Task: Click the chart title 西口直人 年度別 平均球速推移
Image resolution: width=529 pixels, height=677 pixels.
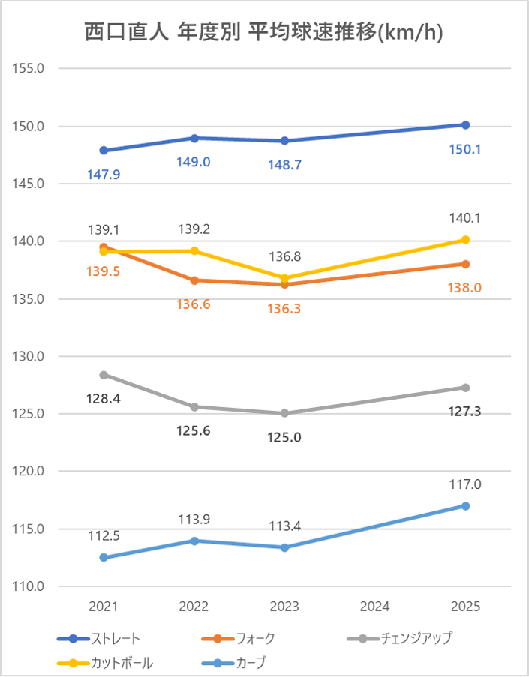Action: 263,33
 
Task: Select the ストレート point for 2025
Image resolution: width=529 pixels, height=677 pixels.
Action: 465,125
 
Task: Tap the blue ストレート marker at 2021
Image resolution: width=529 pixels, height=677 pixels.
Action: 104,151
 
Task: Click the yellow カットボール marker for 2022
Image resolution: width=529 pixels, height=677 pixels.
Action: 194,251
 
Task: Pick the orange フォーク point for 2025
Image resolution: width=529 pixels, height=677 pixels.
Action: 465,264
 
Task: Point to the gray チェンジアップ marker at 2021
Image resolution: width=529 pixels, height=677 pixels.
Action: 104,375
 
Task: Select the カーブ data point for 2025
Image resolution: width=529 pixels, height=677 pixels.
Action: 465,506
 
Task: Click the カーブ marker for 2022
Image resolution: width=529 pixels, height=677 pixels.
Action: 194,541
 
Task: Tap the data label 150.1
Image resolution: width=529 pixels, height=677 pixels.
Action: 465,149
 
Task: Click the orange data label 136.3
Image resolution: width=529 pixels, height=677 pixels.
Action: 285,307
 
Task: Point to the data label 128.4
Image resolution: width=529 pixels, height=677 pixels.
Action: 104,398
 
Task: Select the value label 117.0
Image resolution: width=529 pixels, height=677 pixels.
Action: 465,484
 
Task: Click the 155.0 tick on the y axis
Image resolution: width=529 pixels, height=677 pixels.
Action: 30,68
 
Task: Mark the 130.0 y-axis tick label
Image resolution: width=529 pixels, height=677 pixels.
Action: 30,356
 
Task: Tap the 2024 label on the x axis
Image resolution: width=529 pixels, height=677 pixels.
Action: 375,606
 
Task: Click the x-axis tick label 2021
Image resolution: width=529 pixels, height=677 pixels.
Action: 104,606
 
